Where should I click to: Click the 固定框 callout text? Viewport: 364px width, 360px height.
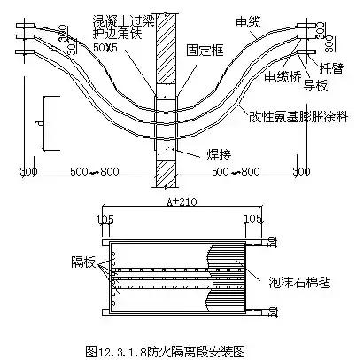pos(203,51)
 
